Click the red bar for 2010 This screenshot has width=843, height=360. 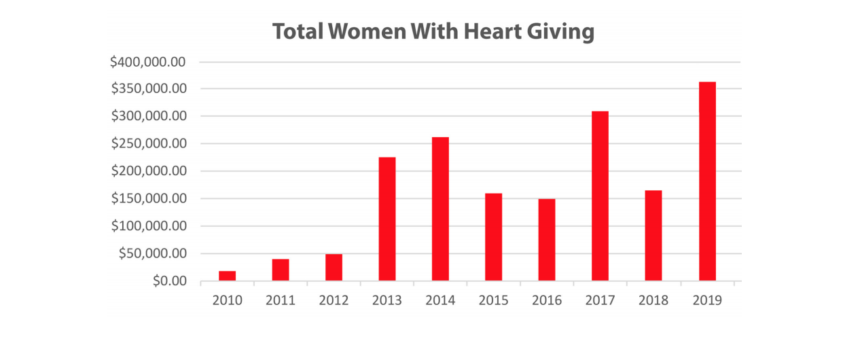point(227,276)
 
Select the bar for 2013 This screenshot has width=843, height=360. point(387,219)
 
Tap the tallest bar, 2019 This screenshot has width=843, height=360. point(707,181)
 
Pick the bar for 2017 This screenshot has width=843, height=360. point(600,196)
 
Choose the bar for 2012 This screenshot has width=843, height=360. point(334,267)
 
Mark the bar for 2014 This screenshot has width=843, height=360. point(440,209)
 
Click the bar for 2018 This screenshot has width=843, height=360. point(653,235)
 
